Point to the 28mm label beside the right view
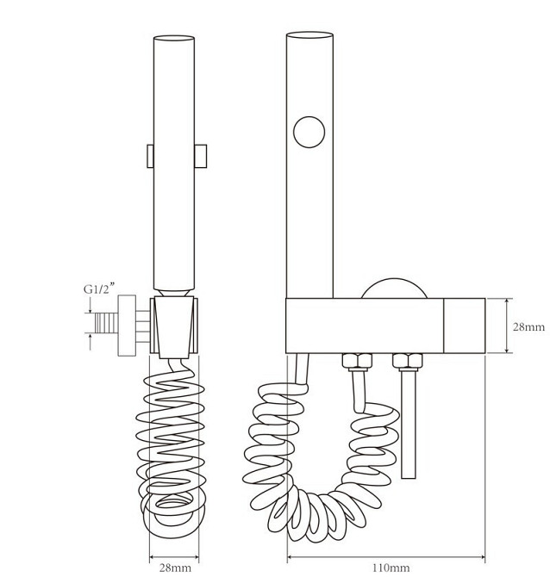(x=528, y=326)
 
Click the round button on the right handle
(x=309, y=132)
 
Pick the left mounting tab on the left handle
(x=150, y=156)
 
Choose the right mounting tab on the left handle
(x=200, y=156)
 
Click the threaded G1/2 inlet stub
(x=106, y=323)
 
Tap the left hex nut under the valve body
(x=357, y=362)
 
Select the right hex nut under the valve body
(x=408, y=362)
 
